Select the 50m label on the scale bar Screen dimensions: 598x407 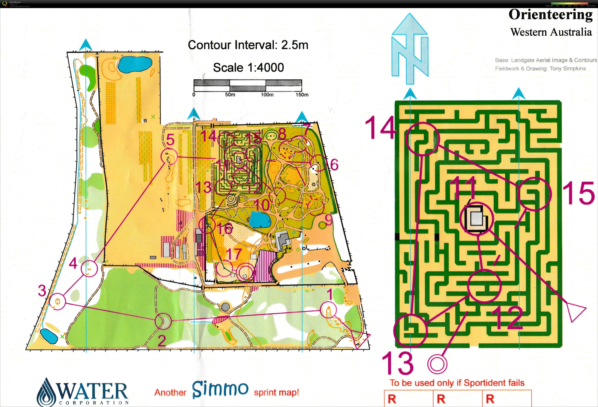[x=230, y=95]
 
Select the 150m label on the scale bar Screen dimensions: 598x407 [x=302, y=95]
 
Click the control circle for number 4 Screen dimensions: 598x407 [x=89, y=268]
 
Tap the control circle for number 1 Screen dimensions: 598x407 [x=329, y=310]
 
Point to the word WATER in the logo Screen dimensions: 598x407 [x=93, y=391]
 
